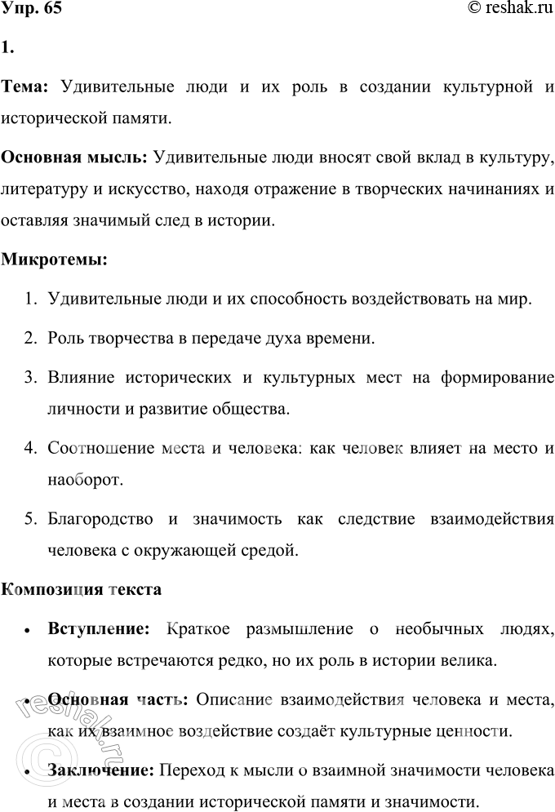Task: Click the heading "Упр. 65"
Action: pos(31,10)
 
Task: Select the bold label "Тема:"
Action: pos(27,87)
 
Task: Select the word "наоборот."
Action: pos(85,477)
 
